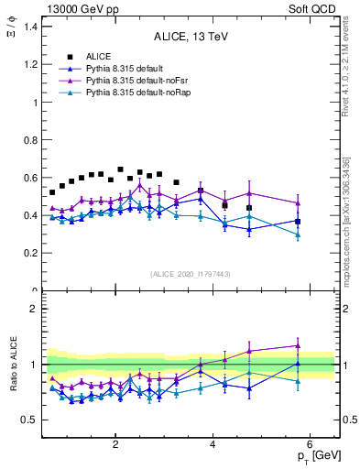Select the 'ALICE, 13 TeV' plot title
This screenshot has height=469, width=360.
[x=189, y=37]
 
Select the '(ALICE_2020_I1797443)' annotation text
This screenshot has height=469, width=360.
[x=189, y=274]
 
